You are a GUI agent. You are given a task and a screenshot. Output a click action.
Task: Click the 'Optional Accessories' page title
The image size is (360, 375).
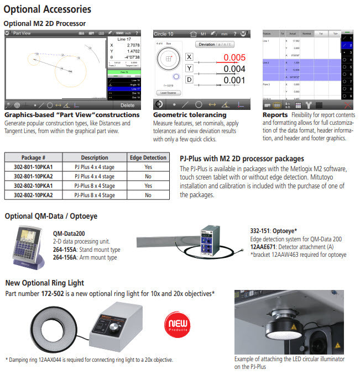point(47,9)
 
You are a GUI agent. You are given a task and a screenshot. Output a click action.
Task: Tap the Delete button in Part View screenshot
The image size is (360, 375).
point(127,105)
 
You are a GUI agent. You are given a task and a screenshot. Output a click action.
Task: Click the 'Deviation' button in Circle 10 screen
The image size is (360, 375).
point(214,44)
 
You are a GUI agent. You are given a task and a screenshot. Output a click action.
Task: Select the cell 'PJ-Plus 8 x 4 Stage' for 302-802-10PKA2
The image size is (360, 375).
point(95,195)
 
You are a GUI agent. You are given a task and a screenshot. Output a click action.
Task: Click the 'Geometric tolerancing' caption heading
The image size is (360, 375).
point(189,115)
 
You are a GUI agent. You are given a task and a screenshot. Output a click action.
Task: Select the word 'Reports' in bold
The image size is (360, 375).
point(275,115)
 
